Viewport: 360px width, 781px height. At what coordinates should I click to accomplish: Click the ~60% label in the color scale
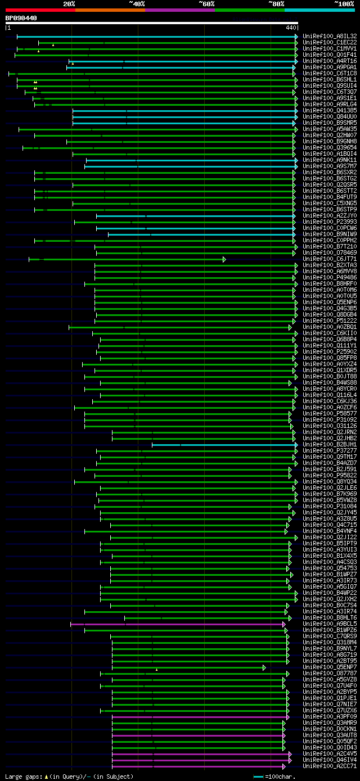tap(206, 4)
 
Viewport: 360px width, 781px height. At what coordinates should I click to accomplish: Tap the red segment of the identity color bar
tap(40, 10)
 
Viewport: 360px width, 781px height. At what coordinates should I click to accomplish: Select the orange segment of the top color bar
tap(110, 10)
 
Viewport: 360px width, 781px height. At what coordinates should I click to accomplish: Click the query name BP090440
tap(21, 18)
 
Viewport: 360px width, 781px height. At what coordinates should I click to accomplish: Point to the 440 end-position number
tap(291, 28)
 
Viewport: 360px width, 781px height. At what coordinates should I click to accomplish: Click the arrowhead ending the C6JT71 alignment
tap(224, 259)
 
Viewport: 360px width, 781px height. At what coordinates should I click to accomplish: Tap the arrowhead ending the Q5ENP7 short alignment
tap(264, 667)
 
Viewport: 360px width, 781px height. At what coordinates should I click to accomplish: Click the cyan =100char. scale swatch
tap(258, 777)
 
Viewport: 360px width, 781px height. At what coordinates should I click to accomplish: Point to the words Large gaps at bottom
tap(22, 777)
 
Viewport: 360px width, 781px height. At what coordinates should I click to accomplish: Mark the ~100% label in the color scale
tap(344, 4)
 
